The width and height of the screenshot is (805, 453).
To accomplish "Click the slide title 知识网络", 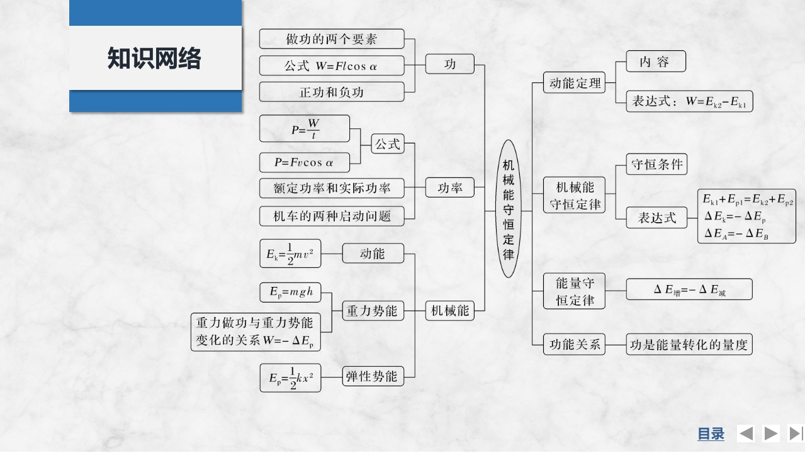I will (154, 59).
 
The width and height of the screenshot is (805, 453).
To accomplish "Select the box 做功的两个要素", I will (332, 39).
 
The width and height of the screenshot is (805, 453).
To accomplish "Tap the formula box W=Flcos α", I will (332, 65).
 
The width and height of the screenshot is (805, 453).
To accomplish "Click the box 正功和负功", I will (332, 92).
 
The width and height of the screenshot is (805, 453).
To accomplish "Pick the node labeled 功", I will (450, 64).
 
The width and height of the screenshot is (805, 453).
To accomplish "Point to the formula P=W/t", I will (305, 129).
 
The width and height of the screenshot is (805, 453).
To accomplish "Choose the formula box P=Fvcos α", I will (305, 162).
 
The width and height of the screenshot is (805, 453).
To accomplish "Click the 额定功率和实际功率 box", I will (332, 188).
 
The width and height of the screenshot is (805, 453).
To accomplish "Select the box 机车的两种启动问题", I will (332, 216).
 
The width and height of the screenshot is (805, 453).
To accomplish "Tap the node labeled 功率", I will (450, 187).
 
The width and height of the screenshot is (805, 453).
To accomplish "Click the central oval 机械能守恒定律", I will (509, 209).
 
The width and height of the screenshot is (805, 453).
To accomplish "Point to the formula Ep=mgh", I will (290, 293).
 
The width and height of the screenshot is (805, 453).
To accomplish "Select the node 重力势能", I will (373, 310).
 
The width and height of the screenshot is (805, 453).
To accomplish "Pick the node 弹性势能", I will (373, 376).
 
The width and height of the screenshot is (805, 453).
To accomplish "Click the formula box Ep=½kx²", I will (290, 377).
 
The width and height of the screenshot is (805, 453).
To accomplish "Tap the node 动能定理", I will (574, 83).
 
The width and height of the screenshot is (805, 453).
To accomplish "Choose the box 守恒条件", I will (656, 165).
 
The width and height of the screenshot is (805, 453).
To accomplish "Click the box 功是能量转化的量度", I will (689, 345).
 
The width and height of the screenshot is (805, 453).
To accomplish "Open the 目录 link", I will (711, 433).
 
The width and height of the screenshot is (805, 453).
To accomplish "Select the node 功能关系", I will (574, 345).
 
